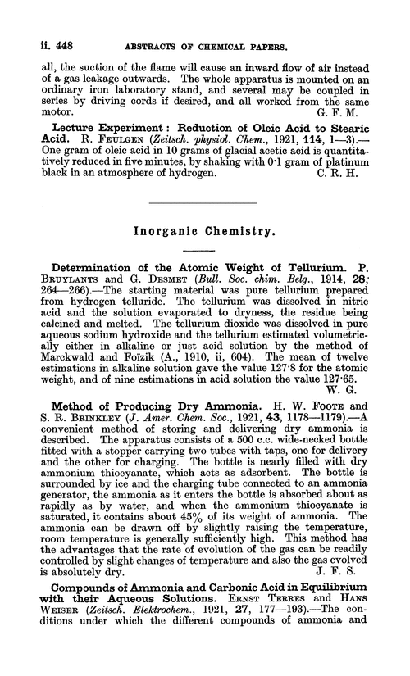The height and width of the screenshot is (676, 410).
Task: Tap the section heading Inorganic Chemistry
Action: [204, 233]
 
